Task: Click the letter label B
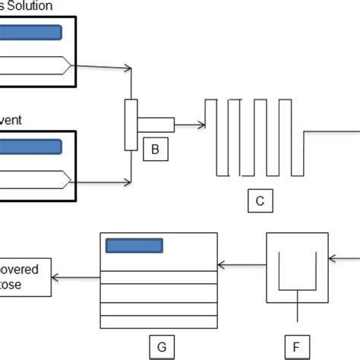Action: pos(155,150)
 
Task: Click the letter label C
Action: pos(260,201)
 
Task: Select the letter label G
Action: pos(161,347)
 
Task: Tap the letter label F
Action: pos(295,347)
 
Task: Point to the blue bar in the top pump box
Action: pos(30,33)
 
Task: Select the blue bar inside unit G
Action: pos(134,245)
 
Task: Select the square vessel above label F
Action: pos(295,268)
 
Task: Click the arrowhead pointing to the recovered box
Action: pos(56,276)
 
